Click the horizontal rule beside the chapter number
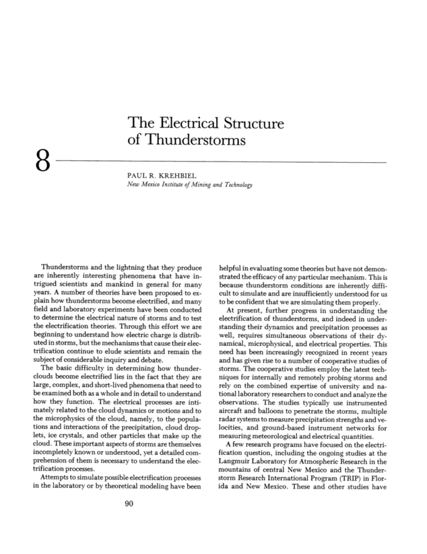pos(222,162)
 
